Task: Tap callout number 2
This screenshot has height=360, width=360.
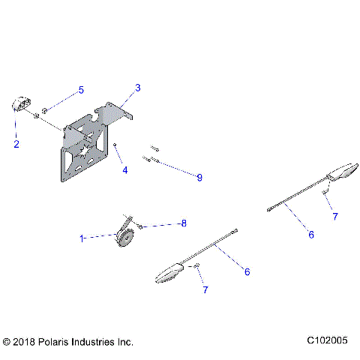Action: coord(16,143)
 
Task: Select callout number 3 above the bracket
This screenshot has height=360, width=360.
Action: coord(137,88)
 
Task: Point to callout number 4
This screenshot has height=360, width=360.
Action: coord(125,170)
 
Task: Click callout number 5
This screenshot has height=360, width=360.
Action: coord(82,91)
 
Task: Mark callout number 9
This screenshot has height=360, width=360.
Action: coord(199,177)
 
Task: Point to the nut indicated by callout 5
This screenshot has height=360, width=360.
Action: coord(45,111)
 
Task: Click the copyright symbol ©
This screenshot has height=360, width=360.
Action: coord(8,341)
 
